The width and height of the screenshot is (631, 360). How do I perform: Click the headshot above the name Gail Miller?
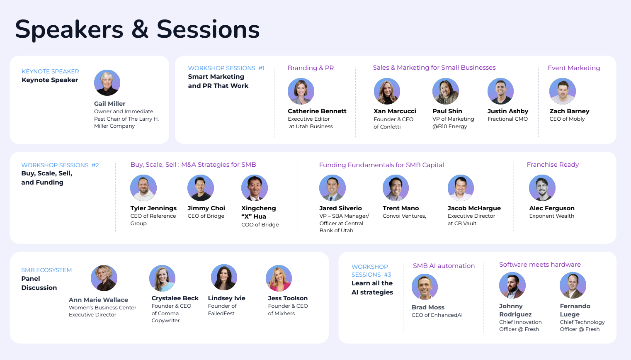pos(107,83)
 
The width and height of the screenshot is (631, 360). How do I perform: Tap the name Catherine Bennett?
pos(317,111)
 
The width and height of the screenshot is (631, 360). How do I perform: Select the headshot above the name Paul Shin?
pos(446,91)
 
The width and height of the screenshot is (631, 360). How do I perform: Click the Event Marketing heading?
pos(574,68)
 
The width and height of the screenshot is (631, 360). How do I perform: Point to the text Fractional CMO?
pos(507,119)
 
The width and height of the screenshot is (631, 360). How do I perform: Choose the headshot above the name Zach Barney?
pos(563,91)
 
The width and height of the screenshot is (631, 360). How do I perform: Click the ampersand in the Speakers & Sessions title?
pos(140,29)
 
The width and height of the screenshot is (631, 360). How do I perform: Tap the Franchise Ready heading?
pos(553,165)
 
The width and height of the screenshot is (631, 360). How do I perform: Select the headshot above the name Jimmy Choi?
pos(201,188)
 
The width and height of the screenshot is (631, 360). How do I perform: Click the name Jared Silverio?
pos(340,208)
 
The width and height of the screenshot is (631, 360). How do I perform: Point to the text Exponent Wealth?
pos(551,216)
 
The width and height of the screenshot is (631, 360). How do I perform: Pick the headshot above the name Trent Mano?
pos(396,188)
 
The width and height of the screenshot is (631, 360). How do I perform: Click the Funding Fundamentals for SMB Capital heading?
pos(381,165)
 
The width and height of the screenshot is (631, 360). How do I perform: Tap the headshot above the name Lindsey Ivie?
pos(224,277)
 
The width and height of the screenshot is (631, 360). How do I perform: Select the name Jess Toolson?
pos(288,298)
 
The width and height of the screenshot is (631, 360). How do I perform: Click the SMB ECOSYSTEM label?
pos(46,270)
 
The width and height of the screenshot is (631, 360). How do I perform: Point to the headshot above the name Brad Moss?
pos(425,287)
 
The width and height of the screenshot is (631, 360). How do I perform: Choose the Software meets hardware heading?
pos(540,265)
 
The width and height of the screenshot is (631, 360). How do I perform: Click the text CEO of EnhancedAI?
pos(437,315)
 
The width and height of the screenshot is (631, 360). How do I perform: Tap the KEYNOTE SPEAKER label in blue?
pos(51,72)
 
